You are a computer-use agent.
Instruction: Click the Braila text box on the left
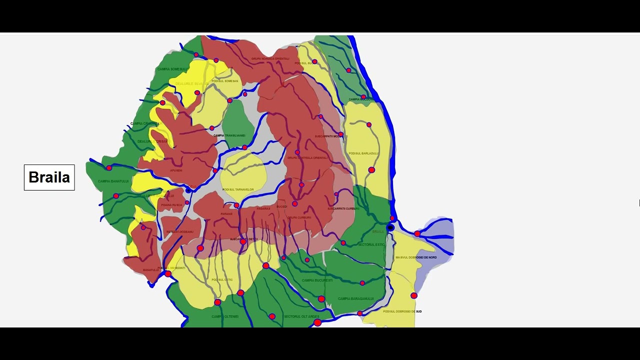coord(49,177)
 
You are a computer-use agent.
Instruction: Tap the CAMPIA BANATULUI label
coord(113,181)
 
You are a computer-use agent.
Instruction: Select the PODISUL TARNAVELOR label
coord(238,189)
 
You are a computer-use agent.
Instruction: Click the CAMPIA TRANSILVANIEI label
coord(229,135)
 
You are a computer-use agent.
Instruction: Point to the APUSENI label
coord(176,170)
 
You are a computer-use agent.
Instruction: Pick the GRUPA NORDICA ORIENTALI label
coord(270,58)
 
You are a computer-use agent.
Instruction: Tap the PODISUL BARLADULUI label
coord(363,153)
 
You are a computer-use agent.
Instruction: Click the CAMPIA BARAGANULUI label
coord(355,298)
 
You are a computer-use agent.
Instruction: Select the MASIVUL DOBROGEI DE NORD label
coord(416,257)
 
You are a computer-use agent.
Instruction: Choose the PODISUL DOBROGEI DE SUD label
coord(402,311)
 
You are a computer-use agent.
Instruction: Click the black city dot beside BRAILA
coord(390,227)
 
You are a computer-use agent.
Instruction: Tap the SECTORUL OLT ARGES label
coord(301,316)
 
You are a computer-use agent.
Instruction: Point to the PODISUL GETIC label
coord(222,280)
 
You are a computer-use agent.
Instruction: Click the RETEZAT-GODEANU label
coord(179,232)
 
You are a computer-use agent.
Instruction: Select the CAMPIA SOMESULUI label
coord(172,69)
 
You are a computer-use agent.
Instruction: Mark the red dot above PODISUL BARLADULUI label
coord(369,124)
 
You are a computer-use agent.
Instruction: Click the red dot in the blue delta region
coord(417,233)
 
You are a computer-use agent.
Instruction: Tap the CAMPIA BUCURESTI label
coord(317,280)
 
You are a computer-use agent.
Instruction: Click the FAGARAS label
coord(263,208)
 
